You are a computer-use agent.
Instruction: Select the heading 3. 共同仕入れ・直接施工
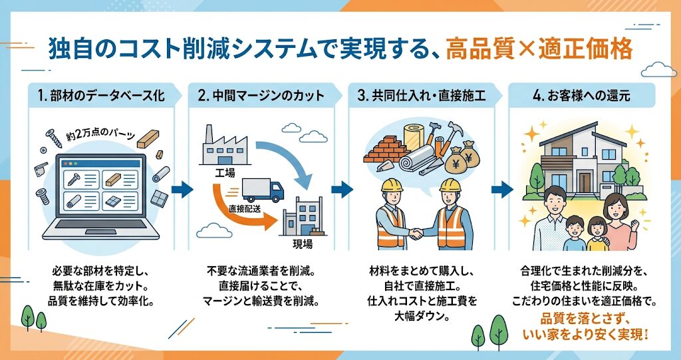pyautogui.click(x=421, y=96)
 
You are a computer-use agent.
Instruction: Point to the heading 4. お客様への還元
pyautogui.click(x=581, y=96)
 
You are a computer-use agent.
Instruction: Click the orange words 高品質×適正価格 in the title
pyautogui.click(x=539, y=50)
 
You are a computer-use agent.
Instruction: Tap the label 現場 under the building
pyautogui.click(x=303, y=243)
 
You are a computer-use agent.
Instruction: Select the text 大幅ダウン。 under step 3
pyautogui.click(x=421, y=316)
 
